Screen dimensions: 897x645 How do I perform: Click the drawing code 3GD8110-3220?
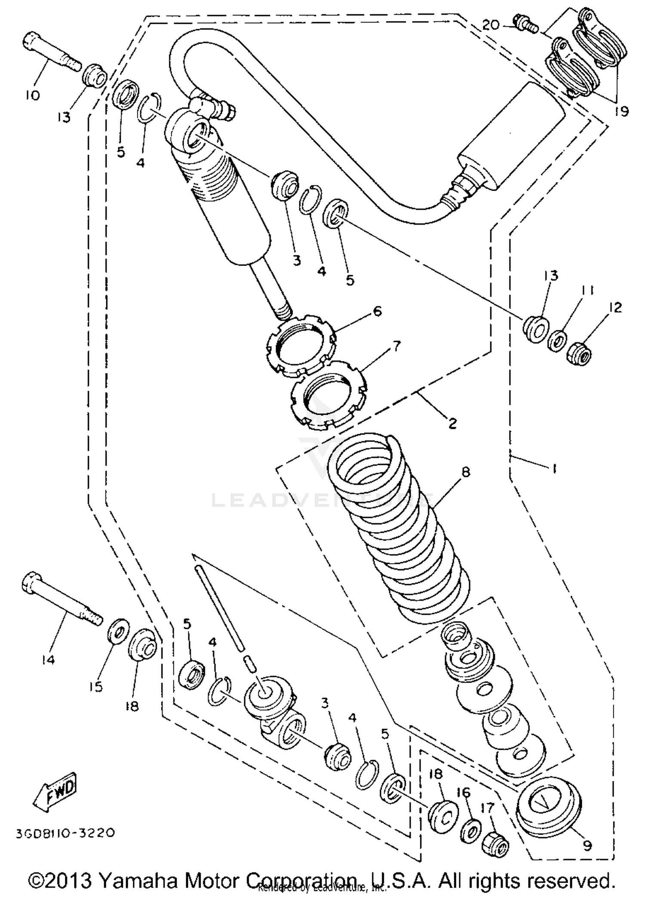65,833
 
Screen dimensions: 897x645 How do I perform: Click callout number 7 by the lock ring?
396,345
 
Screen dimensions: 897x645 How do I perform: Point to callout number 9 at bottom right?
587,845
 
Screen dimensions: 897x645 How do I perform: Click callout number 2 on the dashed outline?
452,423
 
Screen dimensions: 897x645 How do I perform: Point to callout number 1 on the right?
554,468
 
